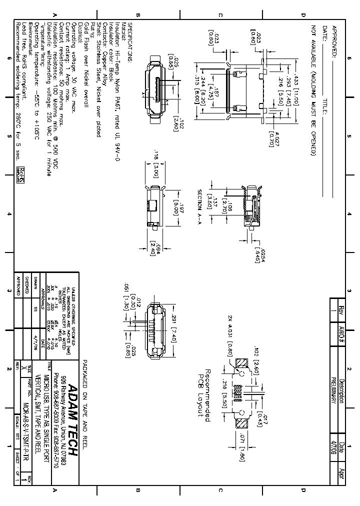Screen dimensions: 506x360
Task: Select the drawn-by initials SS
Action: [x=36, y=308]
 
